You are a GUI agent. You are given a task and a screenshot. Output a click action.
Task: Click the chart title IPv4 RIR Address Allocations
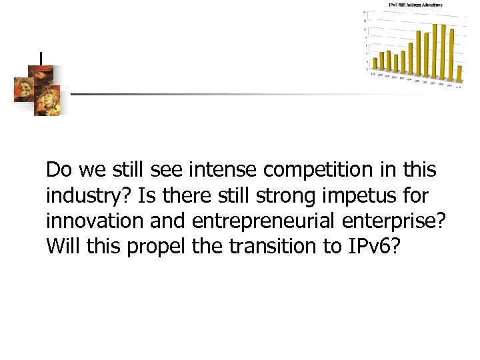coord(415,5)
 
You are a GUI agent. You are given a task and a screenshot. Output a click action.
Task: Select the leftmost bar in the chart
coord(375,63)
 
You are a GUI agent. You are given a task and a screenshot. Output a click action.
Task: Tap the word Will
coord(60,247)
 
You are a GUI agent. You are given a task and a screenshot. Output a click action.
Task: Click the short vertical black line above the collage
coord(41,58)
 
